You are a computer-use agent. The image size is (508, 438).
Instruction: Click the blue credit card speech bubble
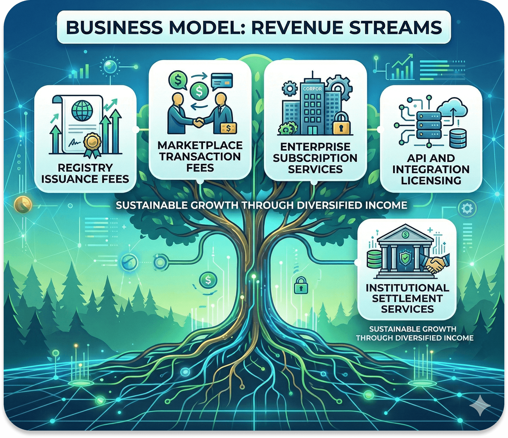222,81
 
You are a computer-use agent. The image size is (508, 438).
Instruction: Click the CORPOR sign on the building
312,89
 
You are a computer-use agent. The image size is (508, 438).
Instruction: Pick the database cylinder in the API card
458,138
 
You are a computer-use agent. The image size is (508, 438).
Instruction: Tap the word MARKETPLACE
200,145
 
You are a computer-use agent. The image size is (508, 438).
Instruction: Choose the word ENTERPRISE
315,147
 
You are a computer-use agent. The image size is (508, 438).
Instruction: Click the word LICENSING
431,180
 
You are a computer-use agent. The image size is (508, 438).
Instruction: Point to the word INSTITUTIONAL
407,288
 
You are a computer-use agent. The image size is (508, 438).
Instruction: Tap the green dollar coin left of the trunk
208,279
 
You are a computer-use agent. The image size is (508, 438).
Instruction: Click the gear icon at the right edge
467,209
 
